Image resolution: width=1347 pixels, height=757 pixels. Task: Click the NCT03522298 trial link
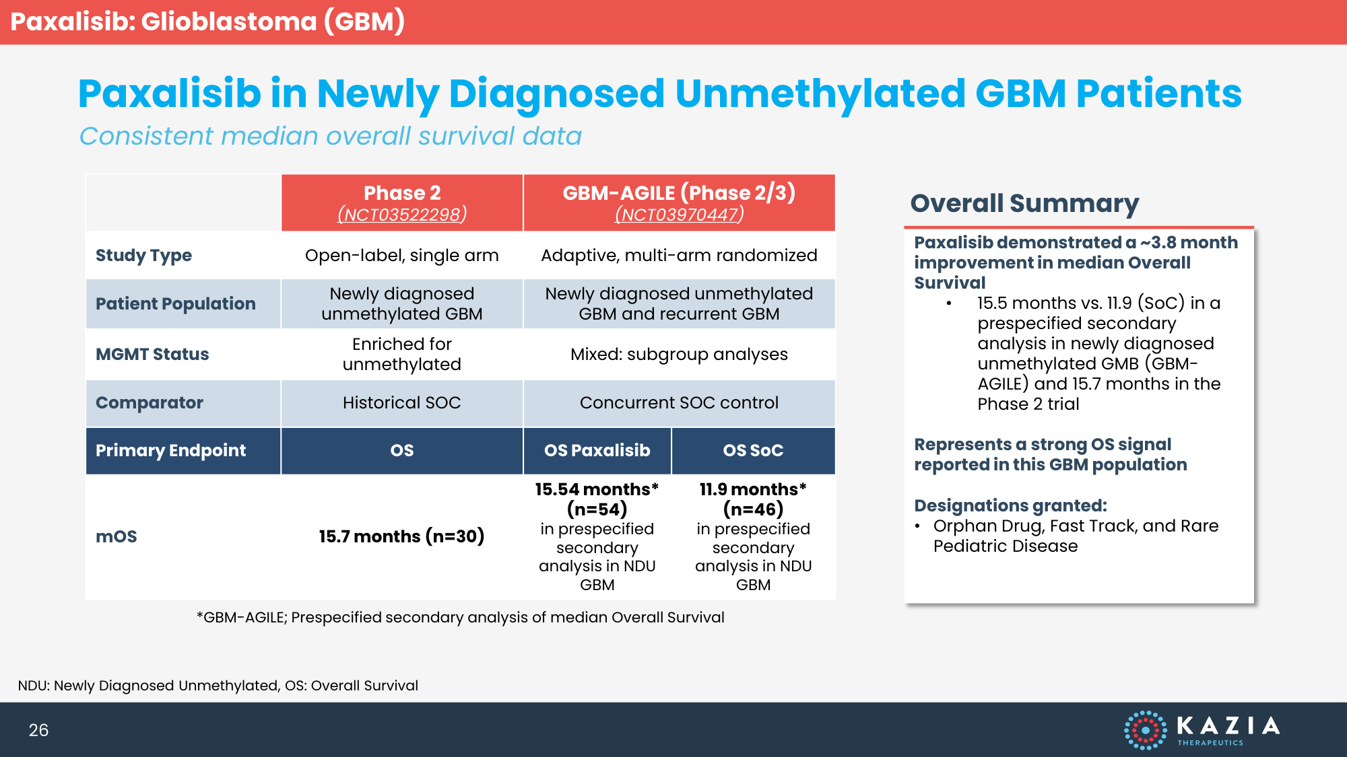coord(402,214)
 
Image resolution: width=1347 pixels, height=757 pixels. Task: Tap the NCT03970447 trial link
coord(679,214)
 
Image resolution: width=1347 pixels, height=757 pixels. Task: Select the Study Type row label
coord(143,256)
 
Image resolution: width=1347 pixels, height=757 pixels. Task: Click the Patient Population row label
coord(175,303)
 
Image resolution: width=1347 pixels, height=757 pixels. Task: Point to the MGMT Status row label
coord(152,354)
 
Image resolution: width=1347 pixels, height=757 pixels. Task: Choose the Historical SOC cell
coord(402,402)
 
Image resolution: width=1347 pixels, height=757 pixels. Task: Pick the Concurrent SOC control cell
coord(679,402)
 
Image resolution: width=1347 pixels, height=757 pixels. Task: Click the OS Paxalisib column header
coord(597,450)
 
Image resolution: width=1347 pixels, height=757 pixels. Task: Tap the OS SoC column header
coord(753,450)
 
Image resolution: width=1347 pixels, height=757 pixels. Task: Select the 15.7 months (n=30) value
coord(402,536)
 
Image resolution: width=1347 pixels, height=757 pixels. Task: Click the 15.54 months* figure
coord(597,489)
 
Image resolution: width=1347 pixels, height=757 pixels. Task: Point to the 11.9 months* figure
coord(753,489)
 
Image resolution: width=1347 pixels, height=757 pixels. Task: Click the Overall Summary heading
coord(1024,203)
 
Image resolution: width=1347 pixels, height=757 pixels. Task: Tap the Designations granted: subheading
coord(1010,505)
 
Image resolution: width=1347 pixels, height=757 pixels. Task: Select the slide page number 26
coord(38,730)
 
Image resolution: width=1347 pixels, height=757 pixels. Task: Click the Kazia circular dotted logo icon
coord(1145,730)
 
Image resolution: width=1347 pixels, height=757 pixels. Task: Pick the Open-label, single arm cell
coord(402,256)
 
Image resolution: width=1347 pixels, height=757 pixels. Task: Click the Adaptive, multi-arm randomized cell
coord(679,256)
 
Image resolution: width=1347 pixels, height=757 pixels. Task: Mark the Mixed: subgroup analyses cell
coord(679,355)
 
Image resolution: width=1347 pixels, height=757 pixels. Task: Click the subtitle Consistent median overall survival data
coord(330,136)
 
